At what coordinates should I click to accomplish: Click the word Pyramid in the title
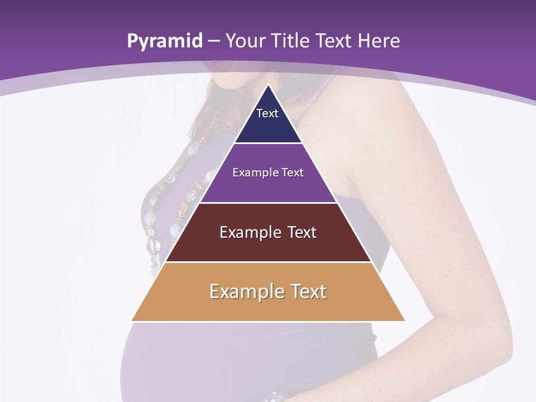(x=165, y=41)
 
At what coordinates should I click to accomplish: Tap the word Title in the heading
(x=291, y=41)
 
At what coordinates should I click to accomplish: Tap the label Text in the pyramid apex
(x=267, y=113)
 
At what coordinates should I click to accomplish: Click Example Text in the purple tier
(x=268, y=173)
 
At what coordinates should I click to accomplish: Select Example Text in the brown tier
(x=268, y=232)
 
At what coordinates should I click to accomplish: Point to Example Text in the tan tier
(x=268, y=291)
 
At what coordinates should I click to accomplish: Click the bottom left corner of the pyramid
(x=132, y=320)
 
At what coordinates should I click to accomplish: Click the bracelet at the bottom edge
(x=274, y=397)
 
